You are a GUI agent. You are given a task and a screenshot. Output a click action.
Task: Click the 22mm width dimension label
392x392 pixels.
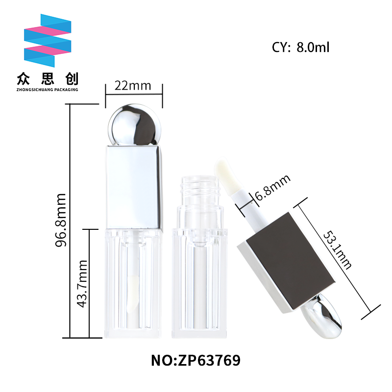pos(133,86)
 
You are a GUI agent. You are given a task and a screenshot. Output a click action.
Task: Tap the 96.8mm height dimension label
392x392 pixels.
pos(61,220)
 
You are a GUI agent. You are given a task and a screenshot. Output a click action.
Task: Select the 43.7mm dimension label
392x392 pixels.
pos(82,284)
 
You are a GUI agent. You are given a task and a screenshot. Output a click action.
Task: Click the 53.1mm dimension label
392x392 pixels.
pos(338,250)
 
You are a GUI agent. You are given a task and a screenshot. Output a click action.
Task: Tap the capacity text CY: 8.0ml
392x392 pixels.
pos(300,47)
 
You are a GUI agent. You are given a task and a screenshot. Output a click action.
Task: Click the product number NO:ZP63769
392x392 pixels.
pos(196,360)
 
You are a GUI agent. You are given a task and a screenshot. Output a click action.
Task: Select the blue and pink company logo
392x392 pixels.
pos(48,41)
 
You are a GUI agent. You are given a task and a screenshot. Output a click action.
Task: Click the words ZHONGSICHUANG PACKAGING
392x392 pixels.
pos(47,90)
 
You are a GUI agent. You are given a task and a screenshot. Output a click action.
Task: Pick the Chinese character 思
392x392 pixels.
pos(48,79)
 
